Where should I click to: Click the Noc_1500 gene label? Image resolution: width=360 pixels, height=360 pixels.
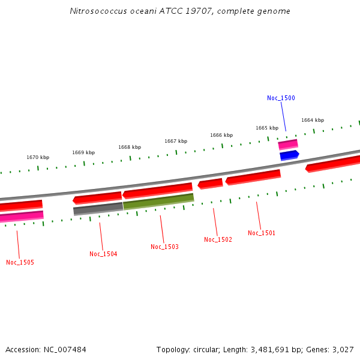pos(281,98)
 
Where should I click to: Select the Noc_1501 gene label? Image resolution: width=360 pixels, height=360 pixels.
pos(262,233)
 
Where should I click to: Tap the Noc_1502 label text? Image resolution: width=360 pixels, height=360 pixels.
pos(218,239)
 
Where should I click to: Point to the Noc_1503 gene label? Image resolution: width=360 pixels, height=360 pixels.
pos(164,247)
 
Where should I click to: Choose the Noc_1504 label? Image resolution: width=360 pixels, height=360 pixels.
pos(103,254)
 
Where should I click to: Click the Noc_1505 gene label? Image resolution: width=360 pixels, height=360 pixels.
pos(20,262)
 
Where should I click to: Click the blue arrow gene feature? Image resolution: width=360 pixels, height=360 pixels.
pos(289,155)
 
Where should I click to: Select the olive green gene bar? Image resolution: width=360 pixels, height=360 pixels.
pos(158,201)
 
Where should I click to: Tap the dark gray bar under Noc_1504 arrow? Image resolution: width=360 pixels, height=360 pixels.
pos(98,209)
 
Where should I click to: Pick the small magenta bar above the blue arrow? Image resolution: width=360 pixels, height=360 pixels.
pos(288,145)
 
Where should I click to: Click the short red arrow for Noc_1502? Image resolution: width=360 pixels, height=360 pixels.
pos(211,184)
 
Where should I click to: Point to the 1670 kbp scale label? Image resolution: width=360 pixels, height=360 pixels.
pos(38,157)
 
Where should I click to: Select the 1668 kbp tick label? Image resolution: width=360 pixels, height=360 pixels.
pos(130,147)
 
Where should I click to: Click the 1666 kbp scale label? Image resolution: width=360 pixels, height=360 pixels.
pos(221,135)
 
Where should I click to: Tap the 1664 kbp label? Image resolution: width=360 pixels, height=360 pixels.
pos(313,120)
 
